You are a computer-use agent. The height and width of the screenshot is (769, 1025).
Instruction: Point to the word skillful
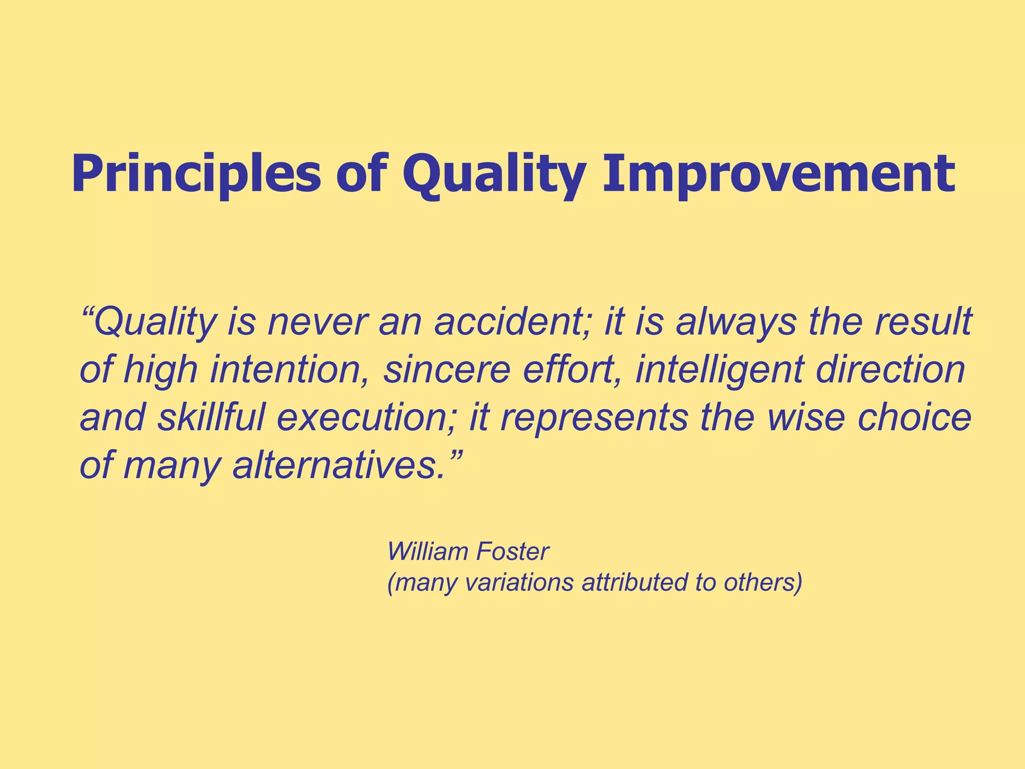coord(211,418)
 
